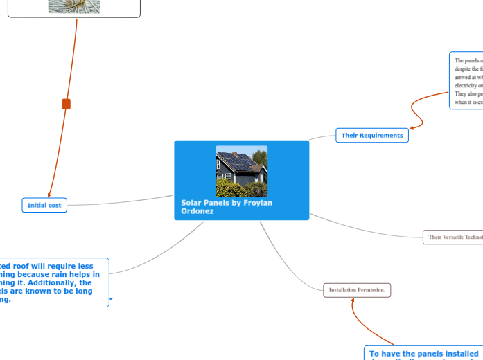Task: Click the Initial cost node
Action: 44,205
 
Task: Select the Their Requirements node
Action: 372,136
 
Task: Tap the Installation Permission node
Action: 357,290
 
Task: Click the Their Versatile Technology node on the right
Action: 454,237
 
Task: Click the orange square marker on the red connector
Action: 67,104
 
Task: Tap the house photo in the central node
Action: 241,171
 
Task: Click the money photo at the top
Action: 74,6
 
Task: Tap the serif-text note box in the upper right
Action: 466,80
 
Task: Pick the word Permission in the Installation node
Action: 371,290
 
